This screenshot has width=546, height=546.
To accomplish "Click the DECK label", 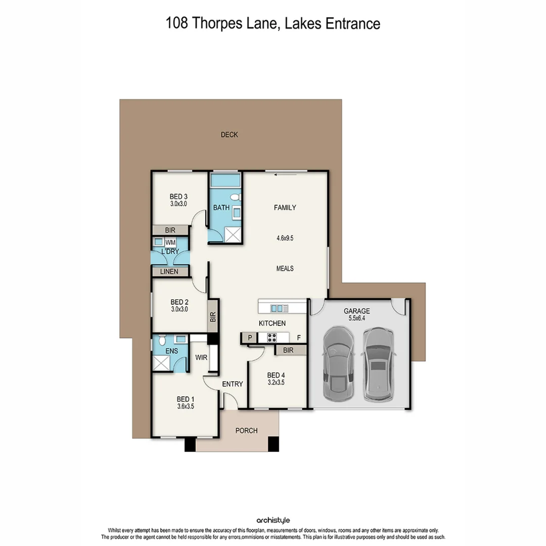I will click(x=229, y=134).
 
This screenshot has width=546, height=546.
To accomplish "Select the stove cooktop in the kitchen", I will click(x=271, y=338).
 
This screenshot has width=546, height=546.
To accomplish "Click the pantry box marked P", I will click(x=250, y=338).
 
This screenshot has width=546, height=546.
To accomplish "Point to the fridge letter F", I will click(x=299, y=338).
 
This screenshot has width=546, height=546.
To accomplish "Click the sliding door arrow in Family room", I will click(x=284, y=175).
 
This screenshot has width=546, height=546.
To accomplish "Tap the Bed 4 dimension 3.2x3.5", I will click(x=276, y=383).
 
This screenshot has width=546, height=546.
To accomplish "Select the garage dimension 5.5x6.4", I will click(x=357, y=319).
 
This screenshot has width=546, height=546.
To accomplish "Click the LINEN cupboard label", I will click(x=170, y=272).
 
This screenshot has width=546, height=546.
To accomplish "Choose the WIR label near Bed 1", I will click(x=201, y=357).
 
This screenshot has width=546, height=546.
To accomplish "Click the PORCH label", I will click(x=247, y=431).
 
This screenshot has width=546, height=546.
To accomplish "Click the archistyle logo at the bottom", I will click(x=272, y=520).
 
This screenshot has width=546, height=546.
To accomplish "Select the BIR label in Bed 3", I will click(x=170, y=230).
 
